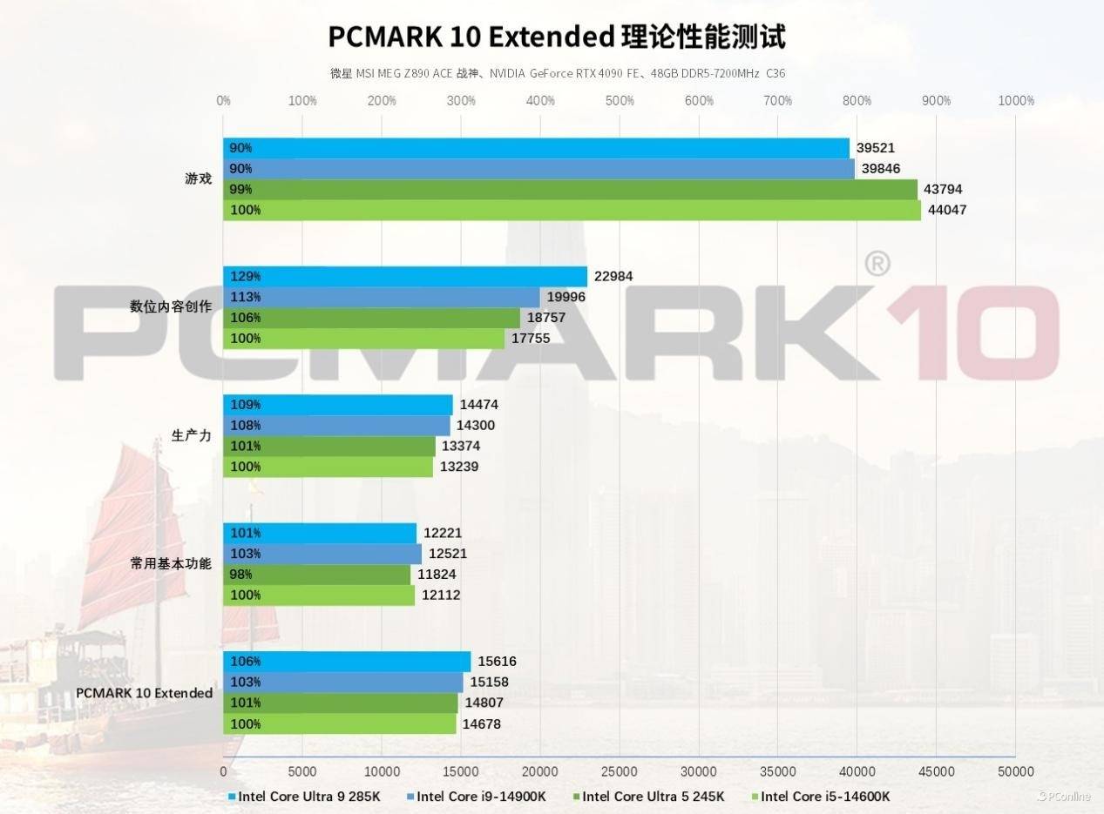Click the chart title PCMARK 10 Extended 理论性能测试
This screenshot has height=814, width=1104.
[x=557, y=37]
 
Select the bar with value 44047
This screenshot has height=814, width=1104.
[x=572, y=210]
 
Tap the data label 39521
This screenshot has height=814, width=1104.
[x=876, y=148]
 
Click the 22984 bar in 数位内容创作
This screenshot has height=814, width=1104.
[x=405, y=276]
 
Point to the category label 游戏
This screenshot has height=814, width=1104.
[x=198, y=178]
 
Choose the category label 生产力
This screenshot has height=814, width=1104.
[x=191, y=435]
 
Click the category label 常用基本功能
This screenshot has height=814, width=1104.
[x=171, y=563]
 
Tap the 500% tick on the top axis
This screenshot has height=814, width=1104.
[x=620, y=101]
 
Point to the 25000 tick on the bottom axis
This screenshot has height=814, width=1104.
[x=620, y=771]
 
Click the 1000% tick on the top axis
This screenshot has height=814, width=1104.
[x=1016, y=101]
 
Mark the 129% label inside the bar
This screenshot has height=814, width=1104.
[x=245, y=276]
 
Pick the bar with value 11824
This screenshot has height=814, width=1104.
[x=316, y=575]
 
